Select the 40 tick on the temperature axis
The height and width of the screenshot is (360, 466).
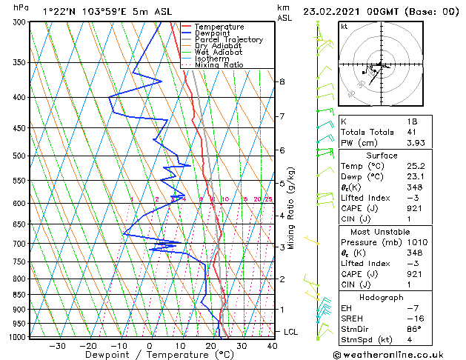pyautogui.click(x=272, y=345)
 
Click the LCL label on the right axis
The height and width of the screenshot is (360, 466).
pyautogui.click(x=291, y=331)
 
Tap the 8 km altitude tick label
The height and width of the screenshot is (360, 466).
pyautogui.click(x=282, y=81)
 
